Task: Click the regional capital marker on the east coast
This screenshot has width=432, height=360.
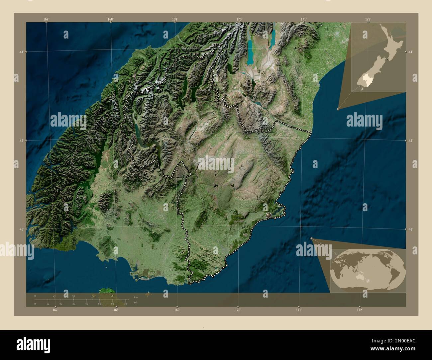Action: point(269,216)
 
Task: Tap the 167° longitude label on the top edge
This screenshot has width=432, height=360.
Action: point(46,19)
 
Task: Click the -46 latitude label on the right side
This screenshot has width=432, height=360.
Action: point(411,229)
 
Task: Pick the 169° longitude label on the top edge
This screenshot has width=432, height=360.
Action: point(175,19)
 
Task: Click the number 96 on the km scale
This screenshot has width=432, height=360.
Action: point(112,296)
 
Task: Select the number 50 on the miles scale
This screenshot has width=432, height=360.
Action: point(99,304)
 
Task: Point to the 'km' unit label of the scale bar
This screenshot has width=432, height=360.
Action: point(136,297)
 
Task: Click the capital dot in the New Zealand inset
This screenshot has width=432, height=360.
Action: point(387,59)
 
